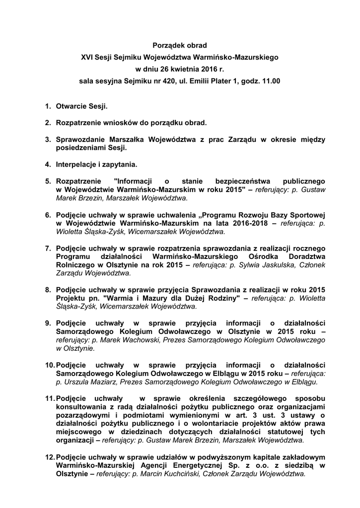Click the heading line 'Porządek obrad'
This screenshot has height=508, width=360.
coord(180,45)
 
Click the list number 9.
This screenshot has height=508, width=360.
coord(48,323)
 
